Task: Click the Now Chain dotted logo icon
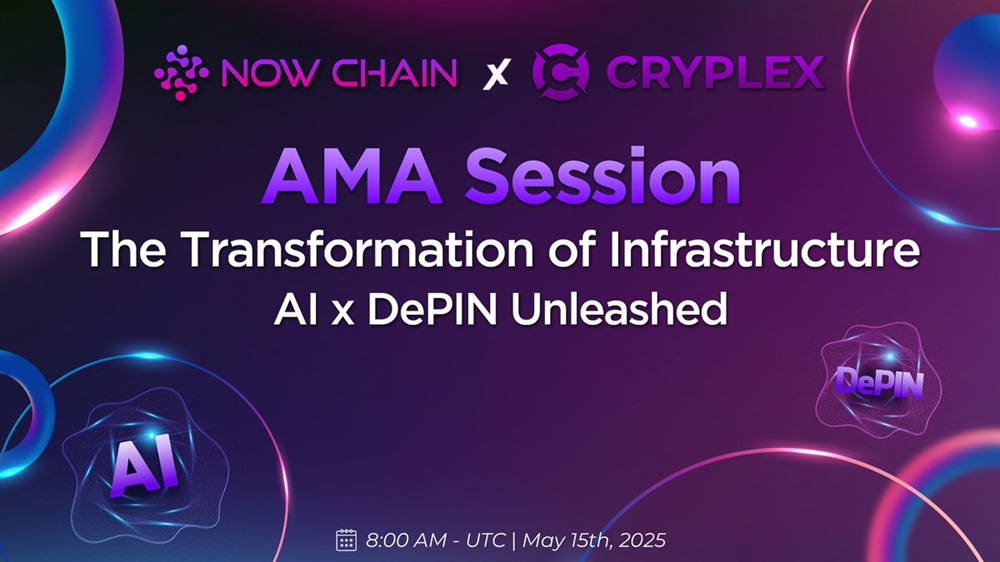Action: click(181, 73)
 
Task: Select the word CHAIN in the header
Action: click(394, 73)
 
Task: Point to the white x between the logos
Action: click(496, 74)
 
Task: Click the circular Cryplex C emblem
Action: click(561, 72)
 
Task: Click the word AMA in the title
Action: click(352, 177)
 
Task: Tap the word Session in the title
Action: click(603, 177)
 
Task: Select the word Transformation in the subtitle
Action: click(360, 249)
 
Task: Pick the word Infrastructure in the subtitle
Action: click(764, 249)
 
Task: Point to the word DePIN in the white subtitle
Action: click(432, 309)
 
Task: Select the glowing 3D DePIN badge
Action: click(879, 382)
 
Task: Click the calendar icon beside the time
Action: click(346, 540)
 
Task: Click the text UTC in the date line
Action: click(486, 540)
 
